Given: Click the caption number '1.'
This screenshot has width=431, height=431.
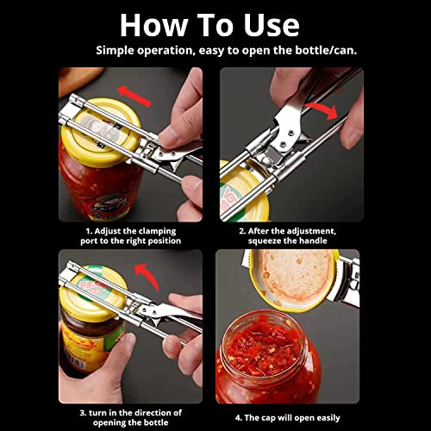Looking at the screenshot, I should pyautogui.click(x=88, y=230).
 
